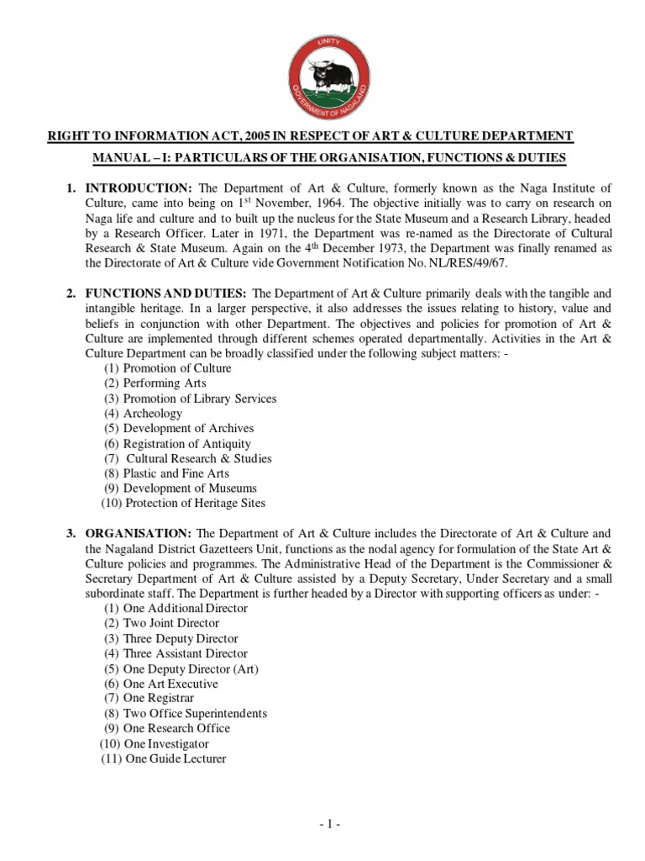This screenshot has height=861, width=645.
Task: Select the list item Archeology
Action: pyautogui.click(x=152, y=414)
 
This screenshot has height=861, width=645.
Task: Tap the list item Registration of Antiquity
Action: pyautogui.click(x=186, y=444)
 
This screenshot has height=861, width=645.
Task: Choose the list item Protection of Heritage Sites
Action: pyautogui.click(x=195, y=504)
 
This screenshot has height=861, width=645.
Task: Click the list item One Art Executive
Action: pyautogui.click(x=170, y=684)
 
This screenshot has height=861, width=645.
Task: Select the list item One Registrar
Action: pyautogui.click(x=159, y=699)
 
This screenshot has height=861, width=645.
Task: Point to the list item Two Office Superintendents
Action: pyautogui.click(x=195, y=714)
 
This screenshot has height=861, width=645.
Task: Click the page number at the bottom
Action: pyautogui.click(x=329, y=825)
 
